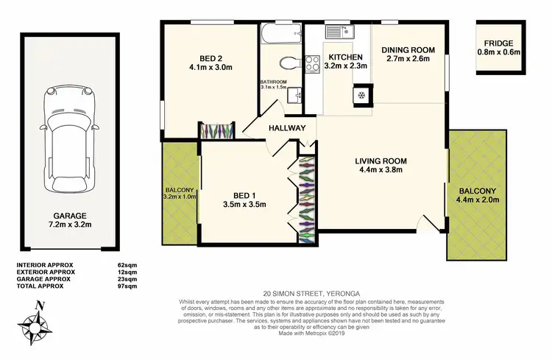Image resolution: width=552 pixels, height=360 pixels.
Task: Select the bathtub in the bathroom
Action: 280,32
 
